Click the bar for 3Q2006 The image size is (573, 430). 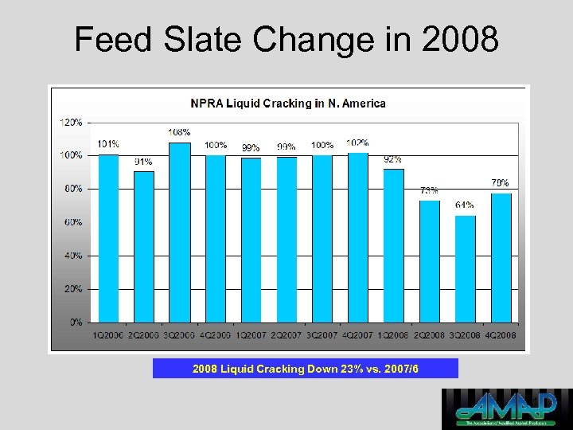(180, 233)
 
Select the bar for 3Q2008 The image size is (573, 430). (466, 269)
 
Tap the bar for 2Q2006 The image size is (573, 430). (144, 247)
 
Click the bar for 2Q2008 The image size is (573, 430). (430, 261)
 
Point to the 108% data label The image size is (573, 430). (179, 132)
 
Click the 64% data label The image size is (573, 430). (466, 205)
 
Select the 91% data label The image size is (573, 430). (143, 162)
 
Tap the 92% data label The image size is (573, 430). (393, 159)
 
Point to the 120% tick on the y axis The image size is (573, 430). (71, 123)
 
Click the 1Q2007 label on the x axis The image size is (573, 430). (251, 336)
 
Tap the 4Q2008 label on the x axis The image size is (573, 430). (501, 336)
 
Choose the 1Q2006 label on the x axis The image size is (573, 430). (108, 336)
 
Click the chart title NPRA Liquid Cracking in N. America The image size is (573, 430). (287, 104)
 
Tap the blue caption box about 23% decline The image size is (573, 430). (306, 369)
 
